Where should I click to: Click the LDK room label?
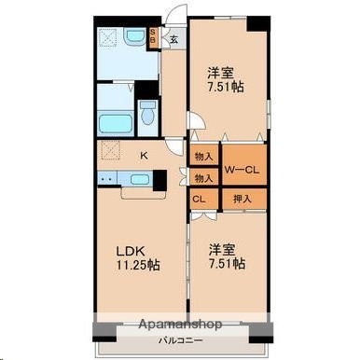click(130, 250)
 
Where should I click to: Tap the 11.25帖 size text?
click(135, 265)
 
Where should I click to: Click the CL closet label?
click(200, 198)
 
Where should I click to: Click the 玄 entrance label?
click(173, 39)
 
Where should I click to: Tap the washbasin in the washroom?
click(110, 40)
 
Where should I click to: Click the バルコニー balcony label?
click(174, 343)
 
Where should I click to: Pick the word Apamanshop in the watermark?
click(179, 325)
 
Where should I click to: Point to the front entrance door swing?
click(173, 19)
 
